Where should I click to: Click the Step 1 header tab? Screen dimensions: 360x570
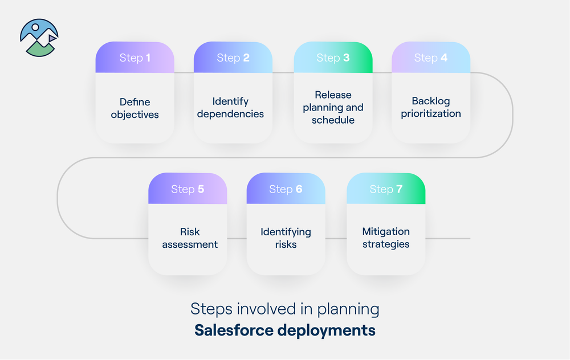pos(135,58)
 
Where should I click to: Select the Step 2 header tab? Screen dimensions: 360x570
pos(233,58)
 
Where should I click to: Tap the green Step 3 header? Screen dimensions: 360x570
pos(333,58)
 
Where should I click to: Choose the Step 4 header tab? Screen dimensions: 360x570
pos(430,58)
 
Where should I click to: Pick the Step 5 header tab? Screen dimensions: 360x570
pos(188,189)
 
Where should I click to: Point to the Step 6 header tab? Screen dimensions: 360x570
pos(286,189)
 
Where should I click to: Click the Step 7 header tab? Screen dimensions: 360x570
pos(386,189)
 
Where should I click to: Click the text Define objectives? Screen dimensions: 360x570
pos(135,108)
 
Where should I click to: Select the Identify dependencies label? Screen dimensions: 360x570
pos(230,108)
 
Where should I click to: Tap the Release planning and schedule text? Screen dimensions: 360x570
pos(333,107)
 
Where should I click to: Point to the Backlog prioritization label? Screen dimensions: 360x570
pos(430,107)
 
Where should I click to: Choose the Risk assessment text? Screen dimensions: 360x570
pos(190,238)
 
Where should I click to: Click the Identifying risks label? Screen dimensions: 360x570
pos(286,238)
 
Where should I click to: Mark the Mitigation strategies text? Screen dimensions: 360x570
pos(386,238)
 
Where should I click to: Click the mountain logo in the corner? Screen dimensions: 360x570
pos(39,38)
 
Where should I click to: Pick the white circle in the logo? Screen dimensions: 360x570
pos(36,27)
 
